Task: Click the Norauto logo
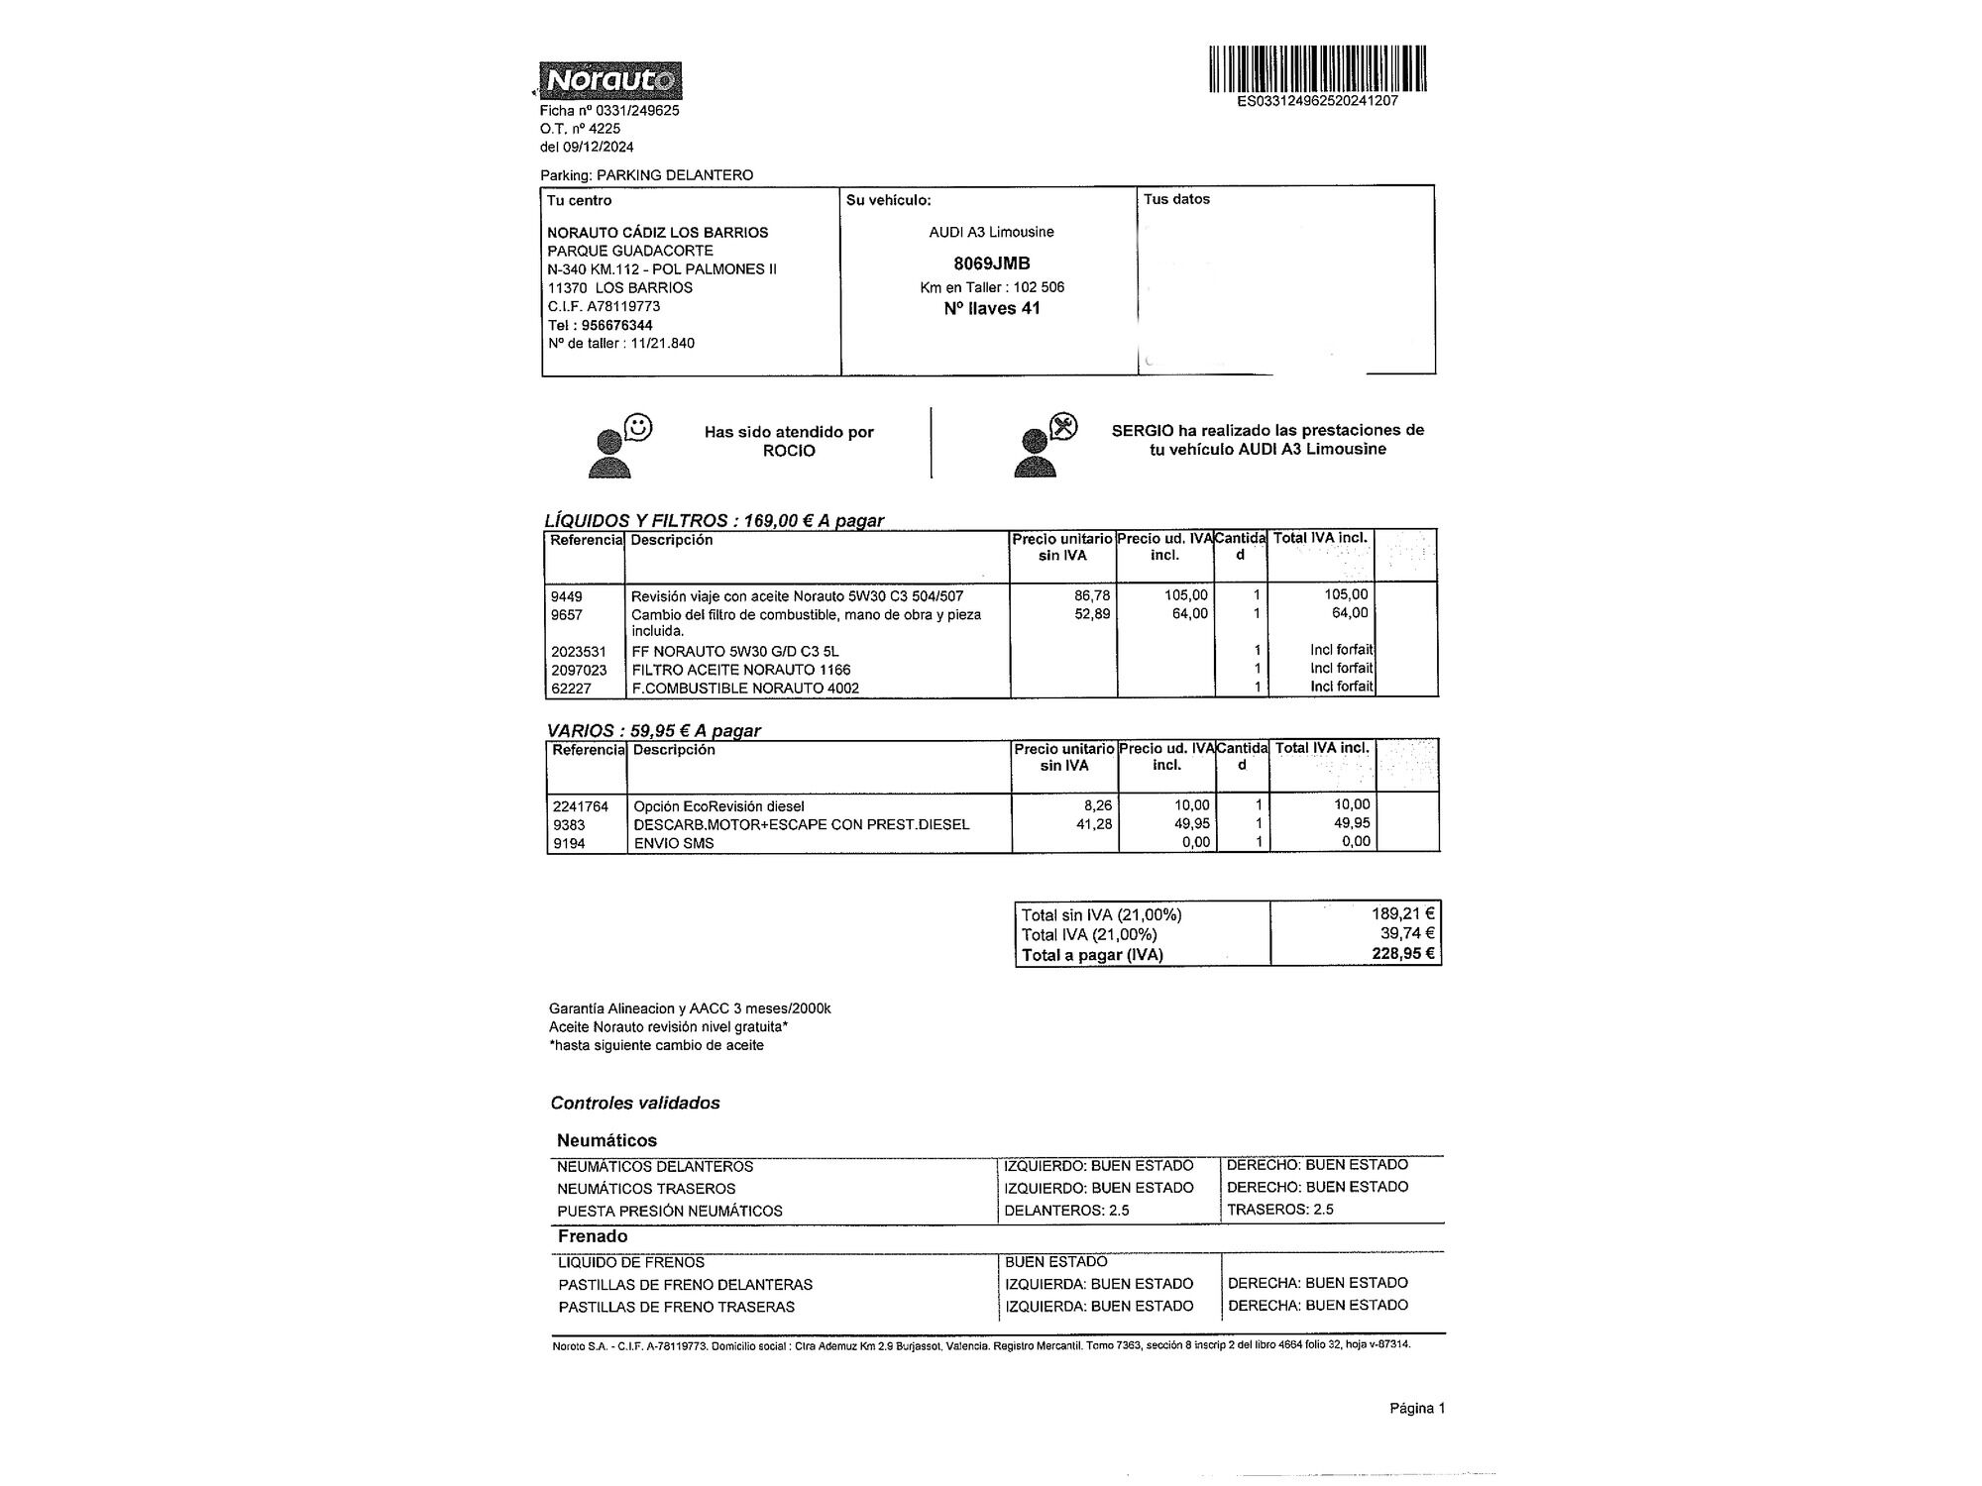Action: [x=610, y=80]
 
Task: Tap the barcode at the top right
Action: [x=1317, y=68]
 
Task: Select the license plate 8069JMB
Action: [x=991, y=264]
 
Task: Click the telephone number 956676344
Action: [x=616, y=325]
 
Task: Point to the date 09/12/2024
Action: [x=599, y=147]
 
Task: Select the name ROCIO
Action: [x=789, y=451]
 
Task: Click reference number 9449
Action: [x=567, y=596]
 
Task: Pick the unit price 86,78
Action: [x=1092, y=595]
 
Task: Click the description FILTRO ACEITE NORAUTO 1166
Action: [x=740, y=670]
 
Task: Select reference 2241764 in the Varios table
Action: [x=581, y=806]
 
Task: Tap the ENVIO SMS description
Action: [x=673, y=844]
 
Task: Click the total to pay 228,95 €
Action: [x=1403, y=954]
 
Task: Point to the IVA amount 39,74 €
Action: [x=1407, y=933]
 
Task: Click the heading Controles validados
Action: [x=635, y=1103]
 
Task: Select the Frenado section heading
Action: [x=593, y=1236]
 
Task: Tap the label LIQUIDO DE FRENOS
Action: [x=631, y=1262]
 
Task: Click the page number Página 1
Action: [x=1417, y=1408]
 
